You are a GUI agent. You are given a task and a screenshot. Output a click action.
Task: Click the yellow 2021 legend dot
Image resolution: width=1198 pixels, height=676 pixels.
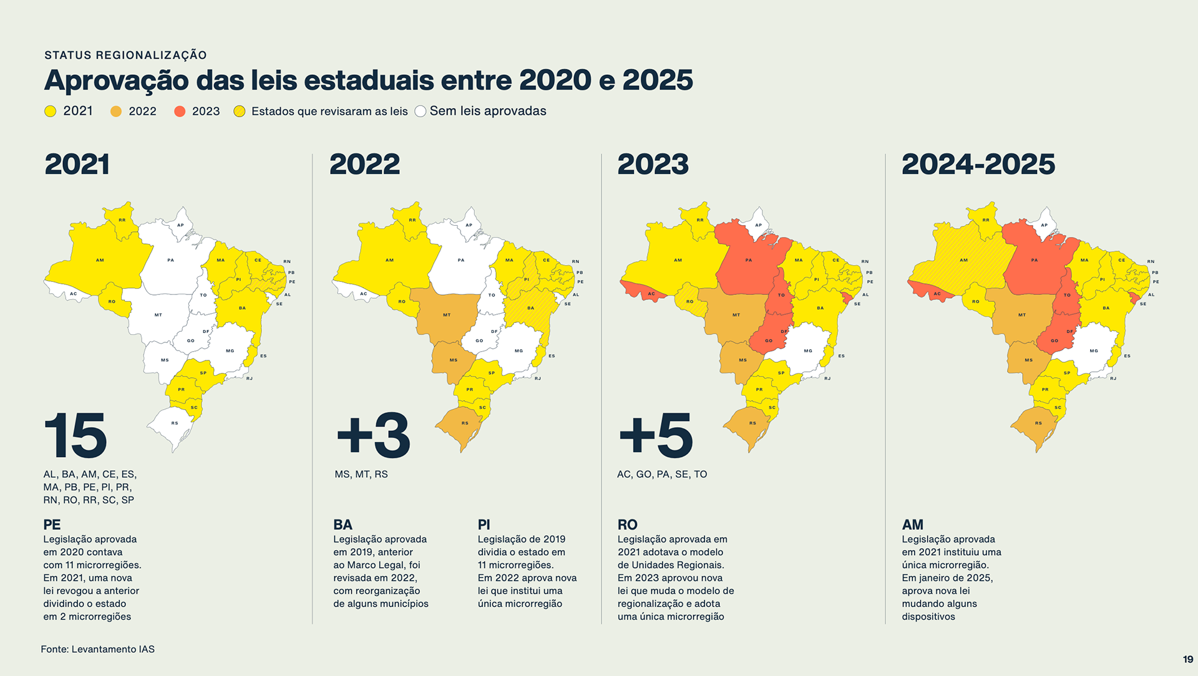click(x=51, y=111)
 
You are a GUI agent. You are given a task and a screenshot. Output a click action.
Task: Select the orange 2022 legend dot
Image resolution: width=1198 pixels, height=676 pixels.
click(x=115, y=111)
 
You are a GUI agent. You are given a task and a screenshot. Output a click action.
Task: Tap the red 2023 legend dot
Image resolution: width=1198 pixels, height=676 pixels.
click(x=180, y=111)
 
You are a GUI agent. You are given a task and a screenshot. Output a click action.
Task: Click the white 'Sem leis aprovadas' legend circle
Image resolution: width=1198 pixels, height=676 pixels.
click(x=421, y=111)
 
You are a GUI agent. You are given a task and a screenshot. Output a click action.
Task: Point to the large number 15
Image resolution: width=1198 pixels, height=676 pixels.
click(x=75, y=435)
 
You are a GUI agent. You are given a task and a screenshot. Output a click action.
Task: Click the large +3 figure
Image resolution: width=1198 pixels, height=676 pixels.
click(x=373, y=435)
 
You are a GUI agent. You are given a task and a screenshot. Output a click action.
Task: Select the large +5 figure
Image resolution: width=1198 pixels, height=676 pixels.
click(x=655, y=435)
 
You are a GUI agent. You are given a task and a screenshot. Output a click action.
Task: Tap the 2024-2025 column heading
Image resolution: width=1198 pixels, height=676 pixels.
click(x=978, y=165)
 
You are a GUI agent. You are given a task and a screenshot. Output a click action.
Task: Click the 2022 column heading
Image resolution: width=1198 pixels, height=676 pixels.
click(x=364, y=165)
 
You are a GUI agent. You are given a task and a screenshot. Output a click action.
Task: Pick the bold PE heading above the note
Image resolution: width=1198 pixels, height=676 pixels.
click(x=52, y=524)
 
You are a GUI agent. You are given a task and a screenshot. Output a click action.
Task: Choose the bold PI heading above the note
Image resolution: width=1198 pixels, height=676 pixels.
click(x=484, y=524)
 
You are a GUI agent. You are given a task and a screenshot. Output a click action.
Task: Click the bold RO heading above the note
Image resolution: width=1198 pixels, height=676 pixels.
click(x=627, y=524)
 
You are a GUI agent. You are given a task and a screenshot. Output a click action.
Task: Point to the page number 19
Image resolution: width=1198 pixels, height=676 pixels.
click(x=1187, y=659)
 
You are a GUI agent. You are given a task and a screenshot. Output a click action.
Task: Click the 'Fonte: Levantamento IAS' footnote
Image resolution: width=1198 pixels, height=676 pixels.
click(x=97, y=649)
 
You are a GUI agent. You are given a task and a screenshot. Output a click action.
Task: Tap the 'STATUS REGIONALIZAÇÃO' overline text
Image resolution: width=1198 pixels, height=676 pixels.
click(x=125, y=55)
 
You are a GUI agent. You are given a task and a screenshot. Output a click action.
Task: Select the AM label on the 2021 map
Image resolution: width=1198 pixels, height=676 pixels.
click(x=100, y=260)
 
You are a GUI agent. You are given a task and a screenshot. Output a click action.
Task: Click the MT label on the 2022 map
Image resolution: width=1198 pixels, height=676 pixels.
click(x=447, y=315)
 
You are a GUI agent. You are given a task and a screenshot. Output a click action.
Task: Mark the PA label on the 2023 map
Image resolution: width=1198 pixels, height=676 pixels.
click(x=749, y=260)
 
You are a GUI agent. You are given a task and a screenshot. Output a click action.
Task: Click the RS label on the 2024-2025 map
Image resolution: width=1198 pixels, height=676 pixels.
click(x=1038, y=423)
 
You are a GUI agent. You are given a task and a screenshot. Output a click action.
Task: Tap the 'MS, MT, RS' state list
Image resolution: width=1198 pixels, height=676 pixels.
click(x=361, y=474)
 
